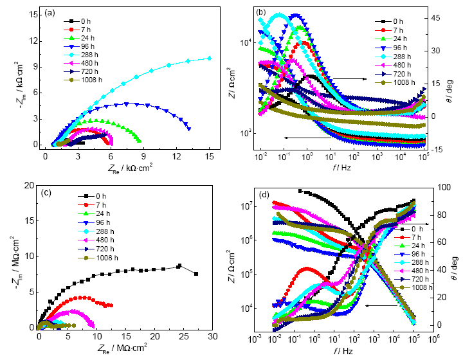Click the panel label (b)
[263, 12]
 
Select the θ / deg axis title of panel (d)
[455, 257]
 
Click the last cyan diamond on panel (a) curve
[210, 58]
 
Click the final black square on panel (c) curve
[196, 273]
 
